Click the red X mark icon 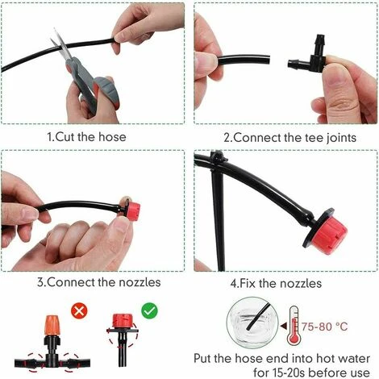pyautogui.click(x=79, y=311)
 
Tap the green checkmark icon pyautogui.click(x=150, y=310)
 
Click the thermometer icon pyautogui.click(x=294, y=326)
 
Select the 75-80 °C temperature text pyautogui.click(x=324, y=327)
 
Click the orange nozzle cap pyautogui.click(x=51, y=325)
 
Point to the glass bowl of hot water pyautogui.click(x=252, y=323)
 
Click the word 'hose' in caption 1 pyautogui.click(x=112, y=137)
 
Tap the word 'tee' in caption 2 pyautogui.click(x=314, y=138)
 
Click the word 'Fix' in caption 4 pyautogui.click(x=247, y=283)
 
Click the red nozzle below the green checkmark pyautogui.click(x=123, y=321)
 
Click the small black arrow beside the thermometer pyautogui.click(x=283, y=326)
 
